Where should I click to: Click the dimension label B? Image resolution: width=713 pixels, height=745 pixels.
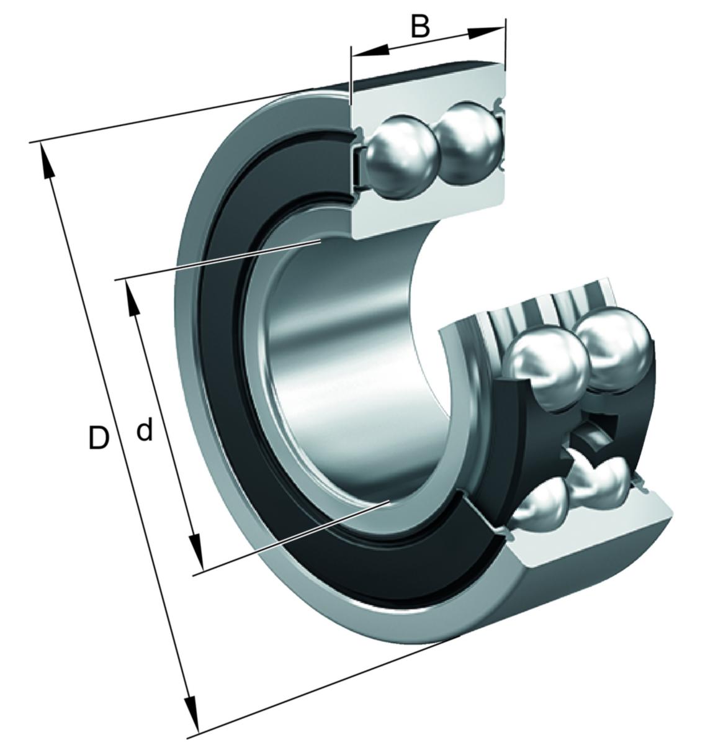tap(420, 27)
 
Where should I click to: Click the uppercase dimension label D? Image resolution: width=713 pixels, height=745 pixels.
tap(99, 438)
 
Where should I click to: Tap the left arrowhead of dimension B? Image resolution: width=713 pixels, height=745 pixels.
tap(370, 52)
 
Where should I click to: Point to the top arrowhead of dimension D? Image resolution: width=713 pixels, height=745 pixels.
tap(46, 161)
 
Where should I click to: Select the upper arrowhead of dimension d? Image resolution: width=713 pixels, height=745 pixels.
tap(132, 298)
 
